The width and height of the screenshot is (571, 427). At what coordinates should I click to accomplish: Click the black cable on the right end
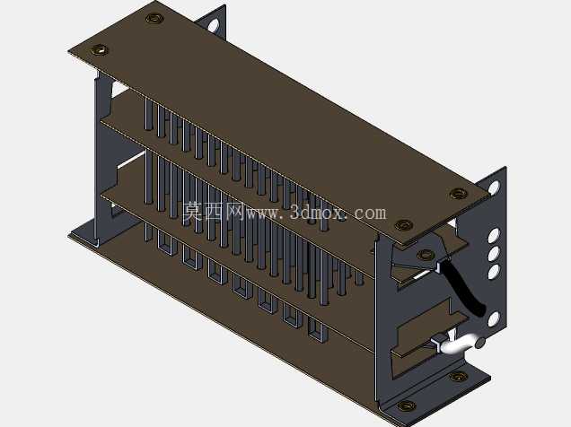click(464, 287)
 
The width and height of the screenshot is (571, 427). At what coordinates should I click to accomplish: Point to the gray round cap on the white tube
click(480, 343)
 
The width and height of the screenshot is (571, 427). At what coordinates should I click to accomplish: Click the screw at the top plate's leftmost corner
click(99, 49)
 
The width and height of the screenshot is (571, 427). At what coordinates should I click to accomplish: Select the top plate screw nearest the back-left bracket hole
click(154, 18)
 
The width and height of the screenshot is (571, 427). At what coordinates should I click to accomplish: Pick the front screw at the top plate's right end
click(404, 225)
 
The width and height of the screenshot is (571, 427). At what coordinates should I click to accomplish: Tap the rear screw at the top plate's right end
click(459, 194)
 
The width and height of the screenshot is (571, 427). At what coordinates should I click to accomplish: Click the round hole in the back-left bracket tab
click(213, 25)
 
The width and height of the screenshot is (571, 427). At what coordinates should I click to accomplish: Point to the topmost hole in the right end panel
click(494, 187)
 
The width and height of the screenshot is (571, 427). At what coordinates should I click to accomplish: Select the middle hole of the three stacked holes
click(494, 254)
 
